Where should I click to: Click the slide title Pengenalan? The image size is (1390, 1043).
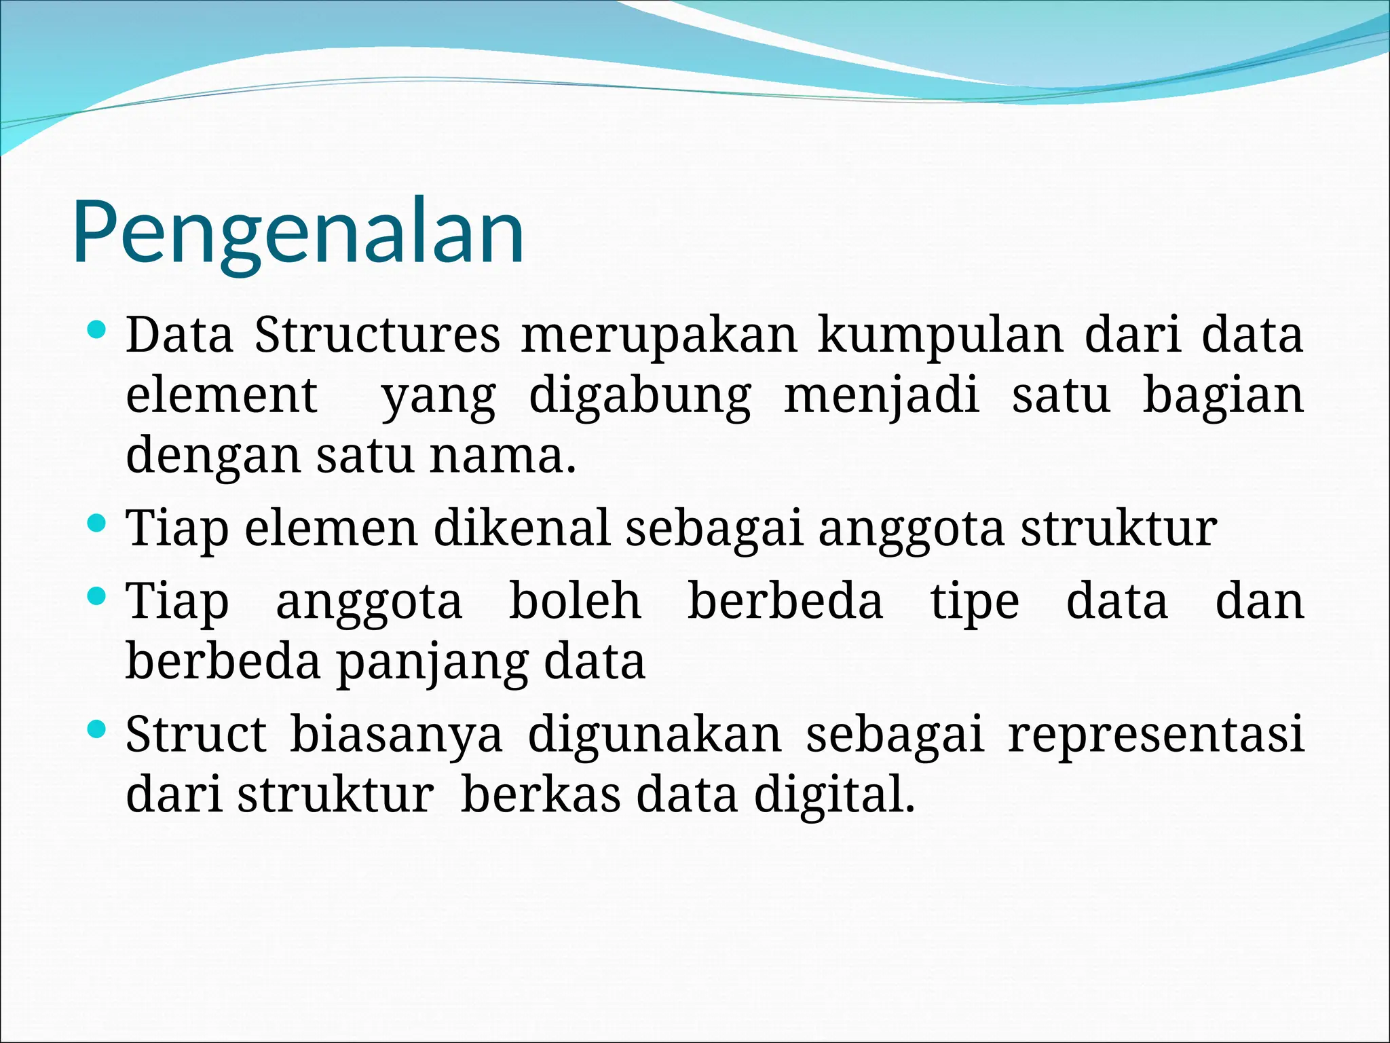298,232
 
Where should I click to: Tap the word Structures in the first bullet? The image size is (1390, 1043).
377,335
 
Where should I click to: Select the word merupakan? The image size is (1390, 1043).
658,335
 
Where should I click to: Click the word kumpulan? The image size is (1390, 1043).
940,335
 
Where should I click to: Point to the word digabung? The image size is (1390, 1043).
639,397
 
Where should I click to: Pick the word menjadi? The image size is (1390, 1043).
881,397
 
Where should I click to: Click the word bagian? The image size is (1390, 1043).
1223,397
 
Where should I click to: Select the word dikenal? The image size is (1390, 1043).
521,529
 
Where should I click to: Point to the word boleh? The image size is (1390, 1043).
575,602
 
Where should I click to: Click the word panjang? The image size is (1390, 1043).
432,663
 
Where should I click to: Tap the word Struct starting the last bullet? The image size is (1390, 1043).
196,735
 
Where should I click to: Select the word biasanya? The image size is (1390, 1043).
396,736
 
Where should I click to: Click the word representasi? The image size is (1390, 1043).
1156,736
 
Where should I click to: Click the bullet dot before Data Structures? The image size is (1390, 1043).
98,331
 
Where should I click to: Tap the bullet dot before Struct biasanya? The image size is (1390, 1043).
98,731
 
